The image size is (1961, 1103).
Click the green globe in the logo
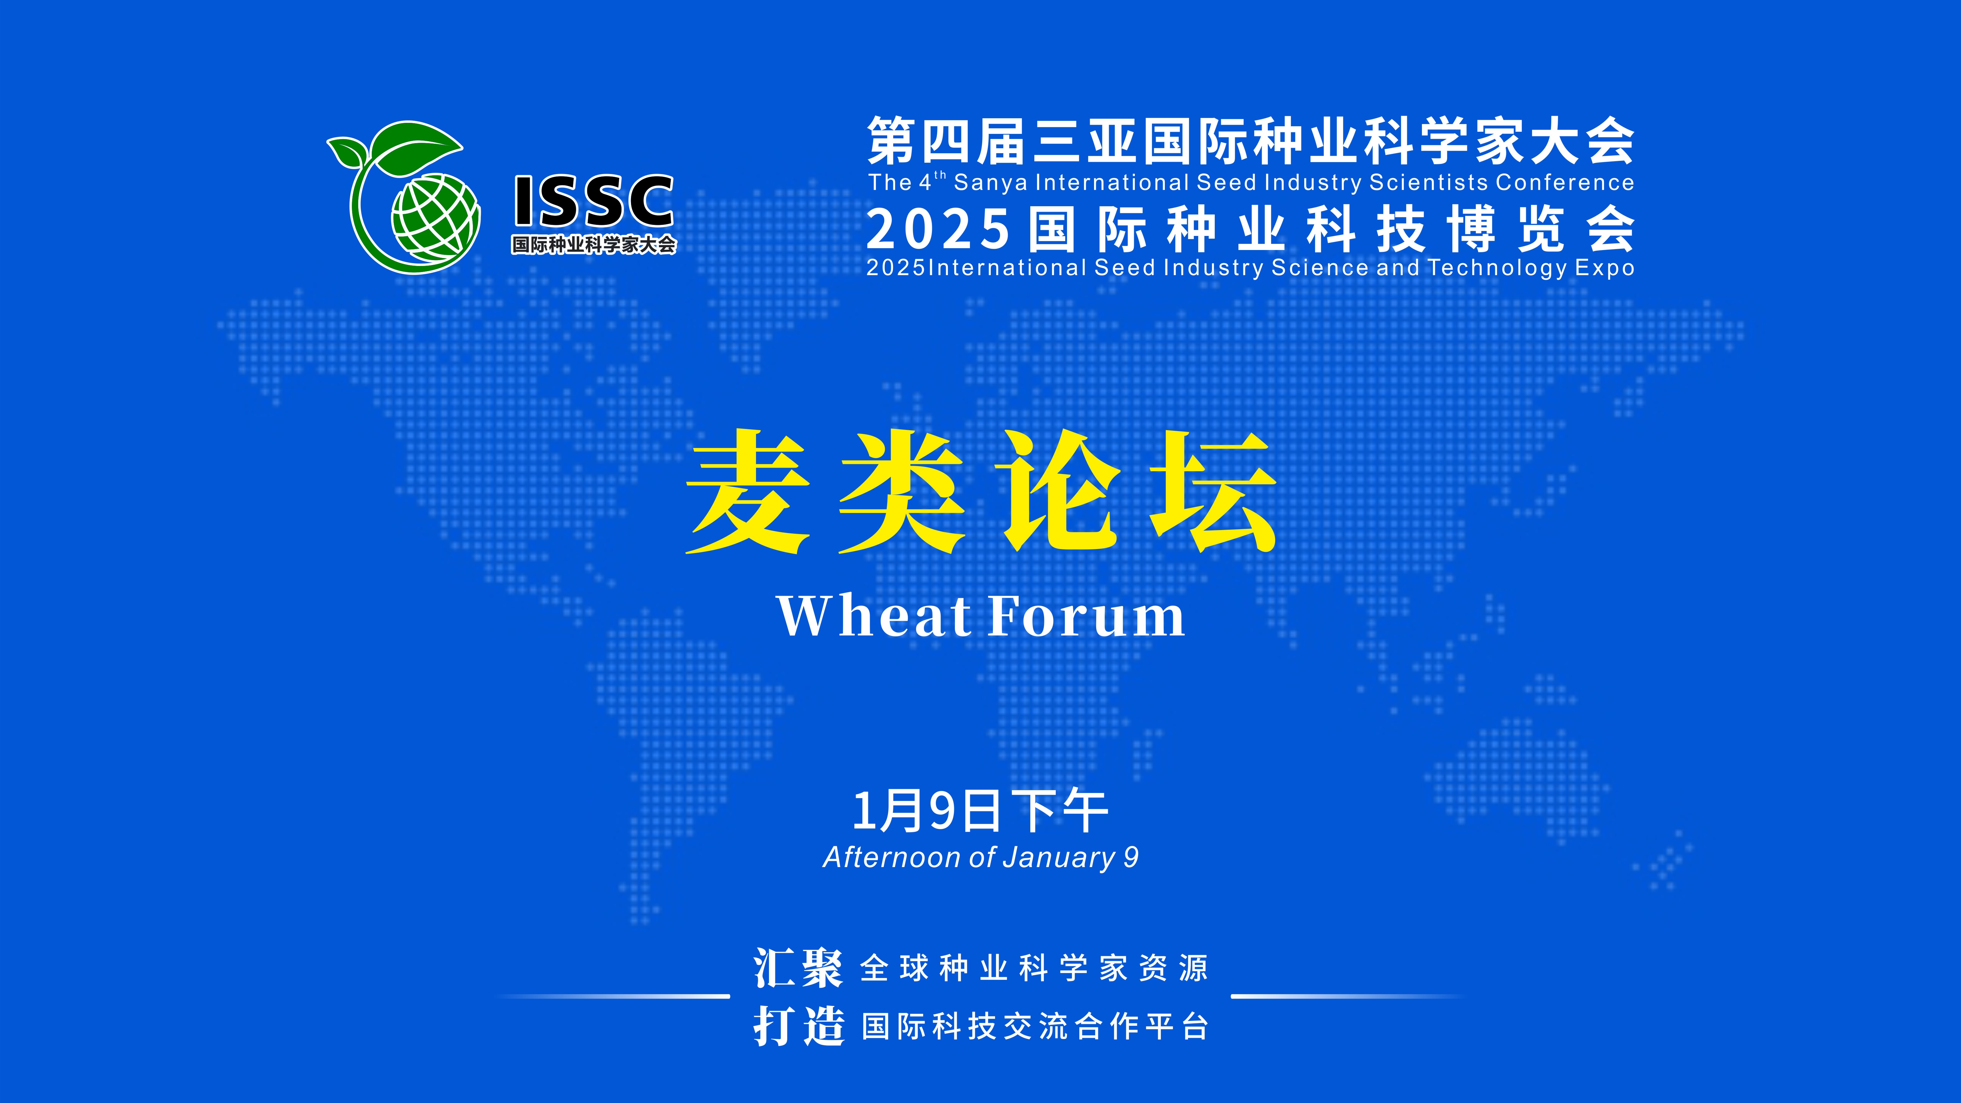435,216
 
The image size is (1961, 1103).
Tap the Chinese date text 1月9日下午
980,811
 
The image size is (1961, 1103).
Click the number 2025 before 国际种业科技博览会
938,230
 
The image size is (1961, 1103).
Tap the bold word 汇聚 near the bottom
798,968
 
